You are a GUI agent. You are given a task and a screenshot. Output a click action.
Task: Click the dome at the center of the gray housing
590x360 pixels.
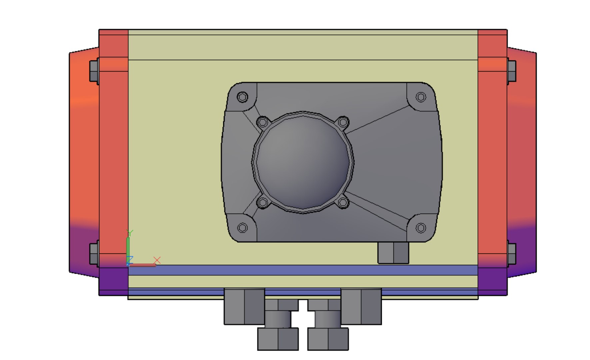click(x=302, y=163)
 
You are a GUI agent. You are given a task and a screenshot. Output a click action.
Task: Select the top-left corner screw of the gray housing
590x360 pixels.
click(x=242, y=97)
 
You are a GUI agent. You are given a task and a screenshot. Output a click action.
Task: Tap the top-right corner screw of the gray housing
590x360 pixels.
click(x=421, y=97)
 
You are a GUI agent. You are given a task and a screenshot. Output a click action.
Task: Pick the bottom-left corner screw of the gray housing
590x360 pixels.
click(x=242, y=228)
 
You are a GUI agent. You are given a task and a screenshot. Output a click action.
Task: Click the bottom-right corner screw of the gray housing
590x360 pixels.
click(x=421, y=228)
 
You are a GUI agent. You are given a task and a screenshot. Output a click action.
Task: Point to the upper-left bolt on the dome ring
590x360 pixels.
click(x=263, y=122)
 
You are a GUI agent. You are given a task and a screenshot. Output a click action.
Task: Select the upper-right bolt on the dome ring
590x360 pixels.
click(x=343, y=122)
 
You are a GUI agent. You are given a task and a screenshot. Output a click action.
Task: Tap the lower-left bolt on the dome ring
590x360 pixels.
click(x=263, y=202)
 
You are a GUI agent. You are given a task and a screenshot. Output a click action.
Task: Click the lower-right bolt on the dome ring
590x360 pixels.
click(x=342, y=202)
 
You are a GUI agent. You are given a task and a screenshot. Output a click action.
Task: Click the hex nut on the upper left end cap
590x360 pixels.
click(x=94, y=71)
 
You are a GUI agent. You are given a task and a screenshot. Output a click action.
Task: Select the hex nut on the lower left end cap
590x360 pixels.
click(x=94, y=253)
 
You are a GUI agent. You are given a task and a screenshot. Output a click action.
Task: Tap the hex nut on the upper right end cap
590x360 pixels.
click(x=512, y=71)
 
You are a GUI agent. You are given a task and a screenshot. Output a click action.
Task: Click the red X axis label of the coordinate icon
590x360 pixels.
click(x=157, y=260)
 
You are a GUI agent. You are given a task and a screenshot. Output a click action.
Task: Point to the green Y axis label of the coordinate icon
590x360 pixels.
click(x=131, y=233)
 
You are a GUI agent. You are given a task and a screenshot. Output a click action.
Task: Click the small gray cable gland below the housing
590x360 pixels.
click(x=393, y=253)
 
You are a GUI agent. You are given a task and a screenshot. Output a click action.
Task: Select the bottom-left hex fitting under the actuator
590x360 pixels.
click(x=278, y=339)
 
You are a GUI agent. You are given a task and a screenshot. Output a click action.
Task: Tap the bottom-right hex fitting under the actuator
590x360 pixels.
click(x=328, y=339)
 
